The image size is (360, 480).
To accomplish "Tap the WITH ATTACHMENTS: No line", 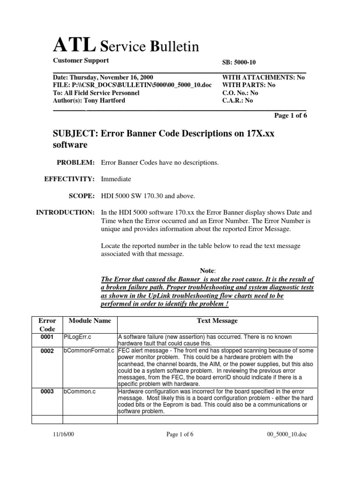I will tap(263, 77).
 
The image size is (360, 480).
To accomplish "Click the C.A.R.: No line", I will tap(237, 100).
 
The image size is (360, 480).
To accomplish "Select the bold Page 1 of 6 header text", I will tap(290, 115).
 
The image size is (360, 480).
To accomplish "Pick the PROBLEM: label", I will tap(75, 162).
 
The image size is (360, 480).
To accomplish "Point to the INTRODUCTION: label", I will tap(65, 212).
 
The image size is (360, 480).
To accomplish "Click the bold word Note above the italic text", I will tap(207, 270).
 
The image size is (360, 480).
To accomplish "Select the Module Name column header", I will tap(90, 321).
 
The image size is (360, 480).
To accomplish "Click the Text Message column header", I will tap(217, 321).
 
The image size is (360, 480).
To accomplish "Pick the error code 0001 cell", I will tap(46, 337).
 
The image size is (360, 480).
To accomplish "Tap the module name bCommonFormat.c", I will tap(89, 351).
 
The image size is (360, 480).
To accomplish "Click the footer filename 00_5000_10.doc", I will tap(285, 435).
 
